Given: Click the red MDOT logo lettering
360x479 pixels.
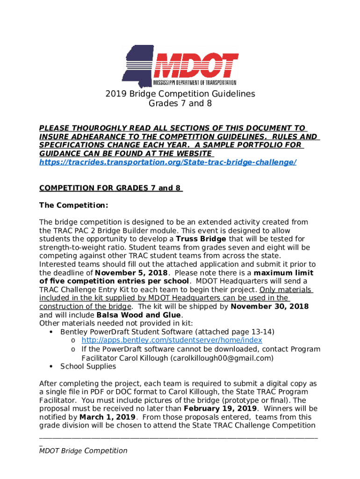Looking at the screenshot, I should click(196, 65).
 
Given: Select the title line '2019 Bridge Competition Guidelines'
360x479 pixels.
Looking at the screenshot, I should click(180, 94).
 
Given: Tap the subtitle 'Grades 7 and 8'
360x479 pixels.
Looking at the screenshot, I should click(180, 103).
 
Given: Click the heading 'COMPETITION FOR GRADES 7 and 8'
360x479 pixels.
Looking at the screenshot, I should click(110, 188).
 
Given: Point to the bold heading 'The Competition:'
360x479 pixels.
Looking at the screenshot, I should click(73, 205).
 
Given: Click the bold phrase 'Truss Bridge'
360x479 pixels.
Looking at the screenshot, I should click(201, 239).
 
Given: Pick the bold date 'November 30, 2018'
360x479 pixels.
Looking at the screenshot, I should click(270, 306).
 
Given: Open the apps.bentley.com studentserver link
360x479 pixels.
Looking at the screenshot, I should click(172, 340).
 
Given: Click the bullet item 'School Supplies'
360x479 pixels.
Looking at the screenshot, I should click(88, 366).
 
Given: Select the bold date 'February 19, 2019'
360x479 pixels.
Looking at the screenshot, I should click(220, 408).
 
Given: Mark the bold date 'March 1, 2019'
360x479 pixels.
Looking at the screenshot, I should click(108, 417).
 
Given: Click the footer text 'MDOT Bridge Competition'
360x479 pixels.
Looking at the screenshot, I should click(83, 450).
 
